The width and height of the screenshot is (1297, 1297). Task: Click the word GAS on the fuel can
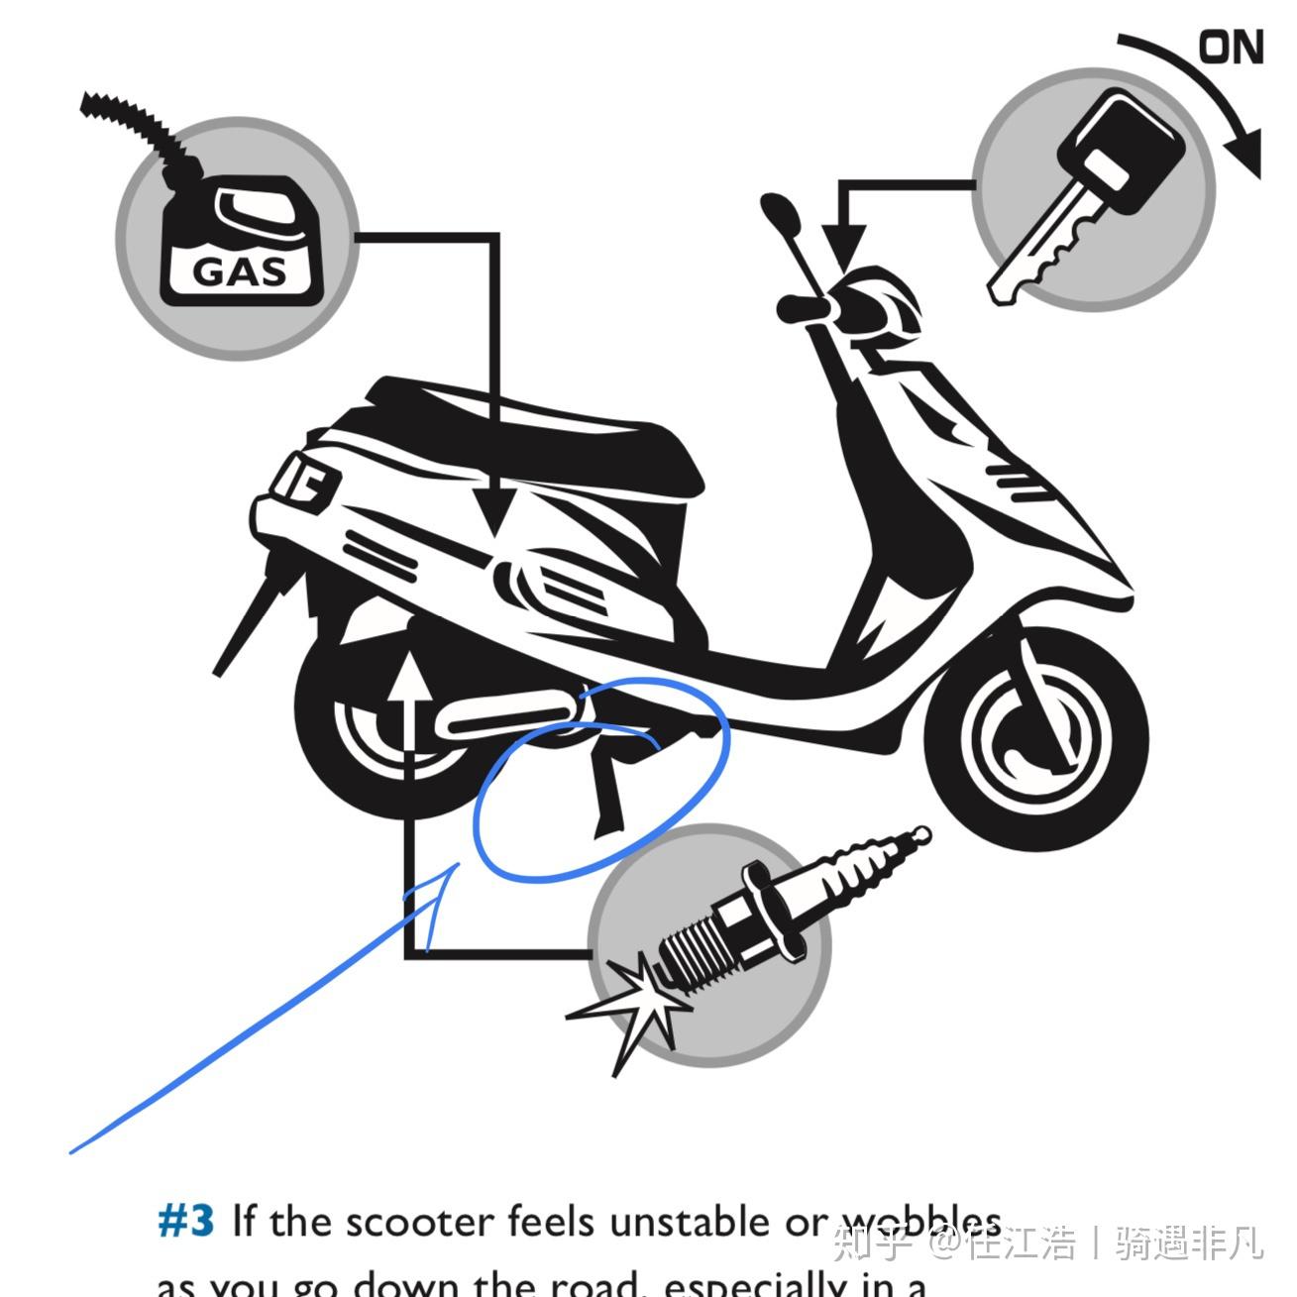pos(239,270)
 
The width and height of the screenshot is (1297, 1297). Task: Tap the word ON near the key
pos(1231,47)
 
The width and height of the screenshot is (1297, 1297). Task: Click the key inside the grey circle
pos(1088,194)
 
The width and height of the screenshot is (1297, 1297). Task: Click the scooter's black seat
pos(555,436)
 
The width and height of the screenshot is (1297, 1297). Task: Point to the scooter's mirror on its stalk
pos(779,213)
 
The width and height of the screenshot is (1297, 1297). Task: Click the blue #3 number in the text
pos(186,1221)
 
